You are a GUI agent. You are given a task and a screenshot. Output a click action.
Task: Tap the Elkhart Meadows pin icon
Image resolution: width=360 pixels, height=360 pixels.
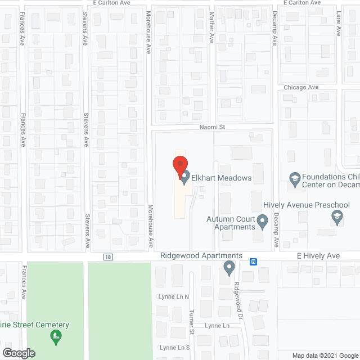[x=185, y=177]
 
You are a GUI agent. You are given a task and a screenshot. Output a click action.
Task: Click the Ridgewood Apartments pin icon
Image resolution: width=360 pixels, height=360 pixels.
[x=229, y=267]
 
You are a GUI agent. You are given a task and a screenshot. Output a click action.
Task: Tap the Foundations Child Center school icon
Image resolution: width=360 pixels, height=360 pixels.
[x=294, y=179]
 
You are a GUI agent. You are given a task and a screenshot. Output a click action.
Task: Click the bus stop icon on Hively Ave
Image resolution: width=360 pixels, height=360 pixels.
[x=254, y=262]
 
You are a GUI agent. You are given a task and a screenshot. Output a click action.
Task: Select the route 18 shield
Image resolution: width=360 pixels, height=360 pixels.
[x=107, y=257]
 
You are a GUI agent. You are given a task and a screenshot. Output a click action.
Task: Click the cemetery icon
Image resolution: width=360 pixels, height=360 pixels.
[x=55, y=337]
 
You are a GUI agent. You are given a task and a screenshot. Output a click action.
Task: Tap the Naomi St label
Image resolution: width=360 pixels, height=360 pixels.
[x=212, y=127]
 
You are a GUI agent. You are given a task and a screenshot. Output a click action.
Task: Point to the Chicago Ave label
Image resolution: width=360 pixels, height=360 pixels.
[x=301, y=87]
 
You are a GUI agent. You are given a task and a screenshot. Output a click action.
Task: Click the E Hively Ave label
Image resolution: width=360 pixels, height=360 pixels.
[x=318, y=256]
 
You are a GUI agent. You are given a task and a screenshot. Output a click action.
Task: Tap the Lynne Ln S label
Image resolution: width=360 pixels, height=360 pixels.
[x=173, y=348]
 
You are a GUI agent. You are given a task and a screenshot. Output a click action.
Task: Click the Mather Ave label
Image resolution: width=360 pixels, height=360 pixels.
[x=212, y=28]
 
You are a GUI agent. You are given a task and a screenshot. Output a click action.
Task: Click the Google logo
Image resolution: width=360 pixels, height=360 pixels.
[x=19, y=353]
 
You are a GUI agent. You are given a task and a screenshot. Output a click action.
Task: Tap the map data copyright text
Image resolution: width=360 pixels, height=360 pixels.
[x=325, y=355]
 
